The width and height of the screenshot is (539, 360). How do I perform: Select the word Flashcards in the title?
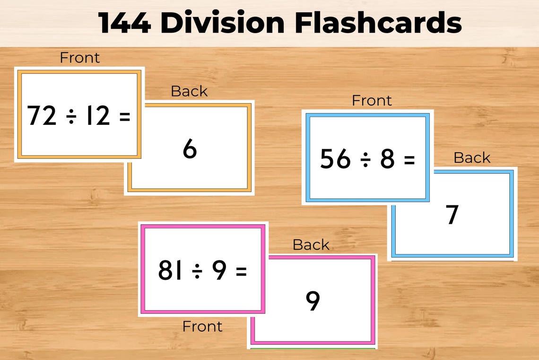click(x=378, y=23)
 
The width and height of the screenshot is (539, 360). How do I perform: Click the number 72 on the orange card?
click(x=42, y=116)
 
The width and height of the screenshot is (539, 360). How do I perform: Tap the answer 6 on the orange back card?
click(x=190, y=149)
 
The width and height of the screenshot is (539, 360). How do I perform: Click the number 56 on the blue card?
click(x=335, y=159)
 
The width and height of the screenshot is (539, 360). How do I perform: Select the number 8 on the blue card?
click(x=387, y=159)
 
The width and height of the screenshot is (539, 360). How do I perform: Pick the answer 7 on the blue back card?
click(x=452, y=215)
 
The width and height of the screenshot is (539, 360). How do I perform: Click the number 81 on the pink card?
click(x=170, y=271)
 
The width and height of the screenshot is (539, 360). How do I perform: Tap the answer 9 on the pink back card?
click(x=313, y=301)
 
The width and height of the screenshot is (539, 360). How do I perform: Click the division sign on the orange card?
click(x=71, y=116)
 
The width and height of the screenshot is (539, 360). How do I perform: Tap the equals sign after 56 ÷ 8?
click(x=409, y=160)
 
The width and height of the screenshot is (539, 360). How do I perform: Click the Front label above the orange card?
click(x=79, y=58)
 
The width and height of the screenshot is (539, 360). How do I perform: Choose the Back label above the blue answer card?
click(x=471, y=158)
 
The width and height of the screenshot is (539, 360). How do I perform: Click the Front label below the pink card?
click(x=202, y=326)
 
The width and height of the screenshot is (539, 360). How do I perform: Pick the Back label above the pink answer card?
click(x=311, y=245)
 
